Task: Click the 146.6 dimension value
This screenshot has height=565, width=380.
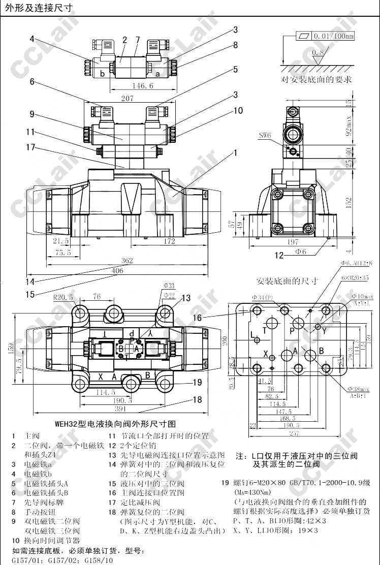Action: [129, 86]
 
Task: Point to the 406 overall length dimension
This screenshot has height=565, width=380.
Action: [117, 271]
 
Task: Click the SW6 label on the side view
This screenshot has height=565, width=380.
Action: [265, 135]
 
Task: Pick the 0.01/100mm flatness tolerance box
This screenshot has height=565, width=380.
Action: [326, 37]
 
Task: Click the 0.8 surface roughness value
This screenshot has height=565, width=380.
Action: [318, 52]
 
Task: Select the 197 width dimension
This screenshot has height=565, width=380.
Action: [293, 242]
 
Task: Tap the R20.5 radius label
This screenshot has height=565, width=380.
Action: [64, 297]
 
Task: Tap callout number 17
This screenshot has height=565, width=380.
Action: [30, 147]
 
